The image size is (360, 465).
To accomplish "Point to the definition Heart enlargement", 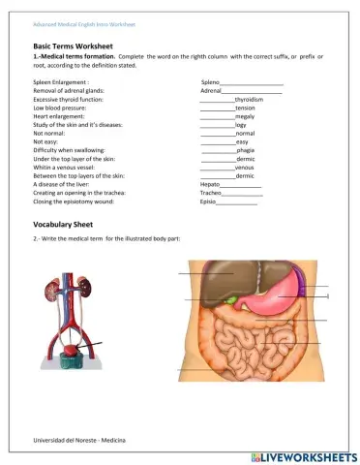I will [61, 117].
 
